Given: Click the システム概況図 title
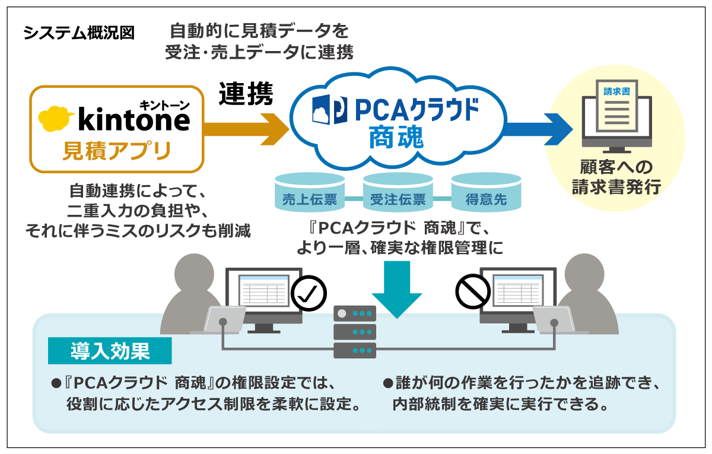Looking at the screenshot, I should tap(79, 33).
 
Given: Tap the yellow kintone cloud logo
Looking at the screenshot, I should tap(56, 118).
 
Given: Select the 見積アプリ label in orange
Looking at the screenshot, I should tap(116, 151).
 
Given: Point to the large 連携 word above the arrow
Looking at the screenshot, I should tap(246, 94).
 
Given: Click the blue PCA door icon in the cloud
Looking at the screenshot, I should tap(326, 110).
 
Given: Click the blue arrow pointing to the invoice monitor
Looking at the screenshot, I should tap(537, 126).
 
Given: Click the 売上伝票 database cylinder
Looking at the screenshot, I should tap(309, 193).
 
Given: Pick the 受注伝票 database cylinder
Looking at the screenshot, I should tap(398, 193).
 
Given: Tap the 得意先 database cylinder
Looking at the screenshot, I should tap(486, 193).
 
